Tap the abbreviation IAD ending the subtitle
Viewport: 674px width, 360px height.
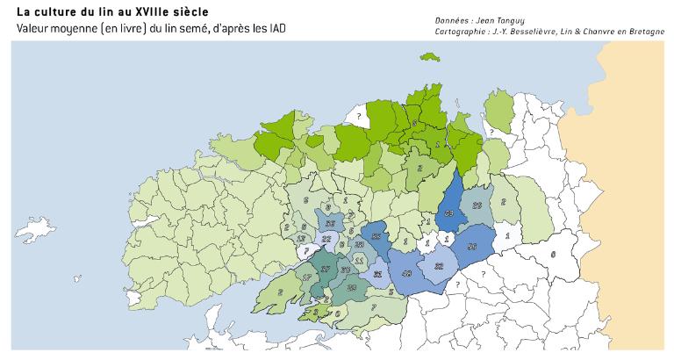[x=276, y=29]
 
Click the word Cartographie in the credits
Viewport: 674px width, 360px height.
[x=462, y=31]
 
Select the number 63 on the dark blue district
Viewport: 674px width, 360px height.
[x=448, y=213]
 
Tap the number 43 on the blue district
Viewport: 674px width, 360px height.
[x=406, y=273]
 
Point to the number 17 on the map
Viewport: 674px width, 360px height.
[x=306, y=277]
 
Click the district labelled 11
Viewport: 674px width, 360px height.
[x=359, y=261]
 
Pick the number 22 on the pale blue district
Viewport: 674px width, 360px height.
[x=326, y=238]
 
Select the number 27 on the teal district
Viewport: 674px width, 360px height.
[x=326, y=269]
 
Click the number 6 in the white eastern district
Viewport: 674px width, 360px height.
[x=552, y=254]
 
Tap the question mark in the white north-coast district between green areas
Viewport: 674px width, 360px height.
[x=357, y=115]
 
